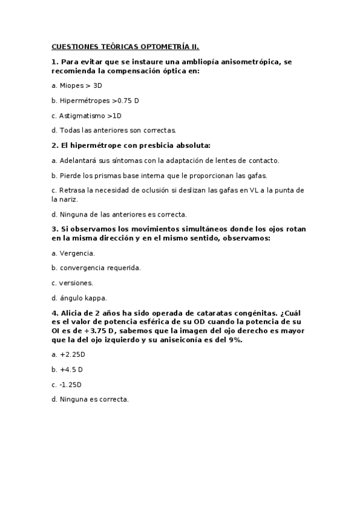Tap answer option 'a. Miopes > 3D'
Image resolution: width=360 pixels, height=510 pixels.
click(77, 85)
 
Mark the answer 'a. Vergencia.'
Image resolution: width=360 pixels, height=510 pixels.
click(73, 253)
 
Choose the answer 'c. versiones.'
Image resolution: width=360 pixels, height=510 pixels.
click(72, 283)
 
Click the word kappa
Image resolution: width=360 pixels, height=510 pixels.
click(95, 298)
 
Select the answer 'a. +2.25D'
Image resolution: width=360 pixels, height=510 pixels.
click(69, 355)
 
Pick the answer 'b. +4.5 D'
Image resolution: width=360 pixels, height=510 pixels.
click(67, 369)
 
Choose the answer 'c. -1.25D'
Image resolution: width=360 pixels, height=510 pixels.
click(67, 384)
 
